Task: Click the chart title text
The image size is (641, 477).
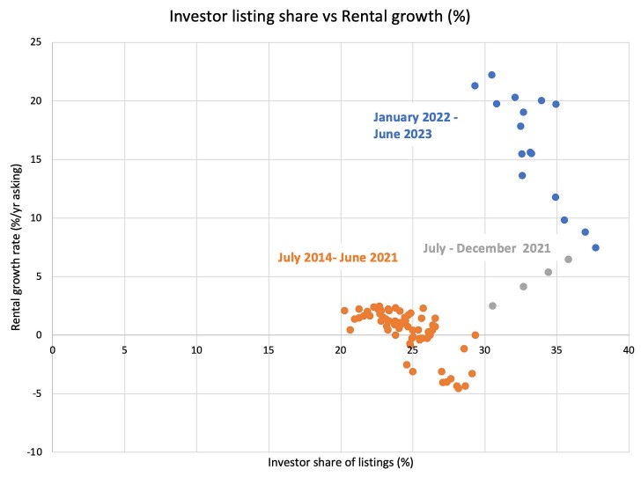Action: (320, 18)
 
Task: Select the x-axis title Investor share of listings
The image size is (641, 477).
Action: (340, 461)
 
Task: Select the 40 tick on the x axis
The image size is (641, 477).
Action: (628, 349)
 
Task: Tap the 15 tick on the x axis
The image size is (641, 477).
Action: (269, 349)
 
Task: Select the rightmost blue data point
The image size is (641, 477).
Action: (595, 247)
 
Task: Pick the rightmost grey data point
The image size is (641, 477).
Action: (568, 259)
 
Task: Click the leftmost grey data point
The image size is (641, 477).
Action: (492, 305)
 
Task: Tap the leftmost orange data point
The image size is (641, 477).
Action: (344, 311)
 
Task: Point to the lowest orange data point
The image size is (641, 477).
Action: (458, 388)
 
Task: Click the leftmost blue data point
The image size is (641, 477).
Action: (475, 85)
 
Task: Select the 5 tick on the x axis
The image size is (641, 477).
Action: (125, 349)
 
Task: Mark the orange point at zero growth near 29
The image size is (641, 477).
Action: (475, 335)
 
